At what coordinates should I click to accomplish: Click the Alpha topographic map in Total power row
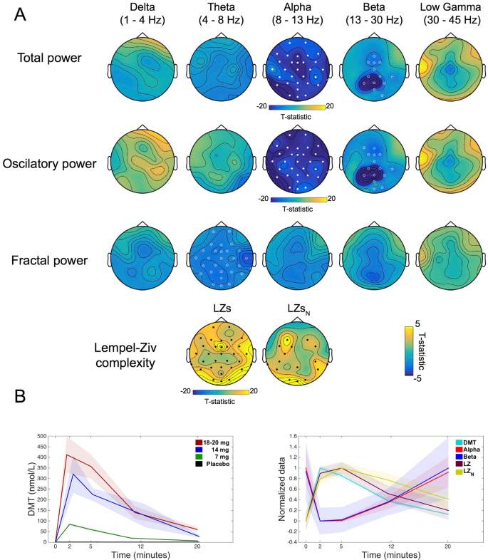pos(296,68)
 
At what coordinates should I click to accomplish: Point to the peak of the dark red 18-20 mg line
pos(67,454)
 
